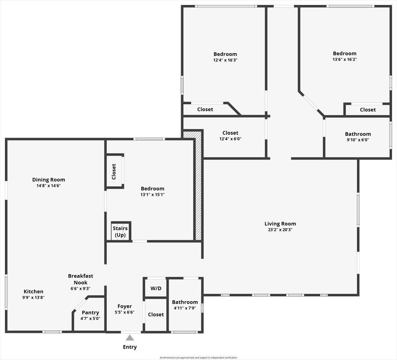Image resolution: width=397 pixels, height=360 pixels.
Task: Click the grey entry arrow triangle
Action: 130,337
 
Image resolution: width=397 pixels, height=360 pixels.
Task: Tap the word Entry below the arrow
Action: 130,347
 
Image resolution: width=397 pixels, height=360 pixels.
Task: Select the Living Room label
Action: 280,224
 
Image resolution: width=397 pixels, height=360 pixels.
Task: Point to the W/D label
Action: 156,288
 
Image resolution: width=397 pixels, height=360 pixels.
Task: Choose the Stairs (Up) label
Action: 120,231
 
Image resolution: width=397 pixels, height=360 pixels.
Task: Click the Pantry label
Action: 90,312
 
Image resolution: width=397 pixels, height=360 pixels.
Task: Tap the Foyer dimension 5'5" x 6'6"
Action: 124,312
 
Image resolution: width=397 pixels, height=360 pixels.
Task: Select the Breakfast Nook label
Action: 80,279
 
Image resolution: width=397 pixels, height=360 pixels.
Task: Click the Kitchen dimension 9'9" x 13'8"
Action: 33,297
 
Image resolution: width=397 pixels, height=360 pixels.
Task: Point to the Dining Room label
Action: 49,180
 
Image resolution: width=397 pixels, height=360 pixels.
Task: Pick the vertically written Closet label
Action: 114,172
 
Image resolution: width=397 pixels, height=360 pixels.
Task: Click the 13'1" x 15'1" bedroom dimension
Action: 153,194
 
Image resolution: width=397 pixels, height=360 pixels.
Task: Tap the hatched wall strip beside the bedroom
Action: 198,186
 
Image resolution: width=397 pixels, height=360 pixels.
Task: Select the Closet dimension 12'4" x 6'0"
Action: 230,139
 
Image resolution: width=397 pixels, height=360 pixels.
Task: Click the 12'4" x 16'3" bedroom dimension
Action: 225,60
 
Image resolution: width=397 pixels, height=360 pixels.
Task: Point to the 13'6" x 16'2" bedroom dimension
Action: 345,59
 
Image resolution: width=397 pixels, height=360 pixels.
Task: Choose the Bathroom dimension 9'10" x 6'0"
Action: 358,140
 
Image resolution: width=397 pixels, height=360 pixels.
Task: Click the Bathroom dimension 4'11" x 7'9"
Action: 185,308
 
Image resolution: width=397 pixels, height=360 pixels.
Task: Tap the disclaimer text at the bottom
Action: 198,357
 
